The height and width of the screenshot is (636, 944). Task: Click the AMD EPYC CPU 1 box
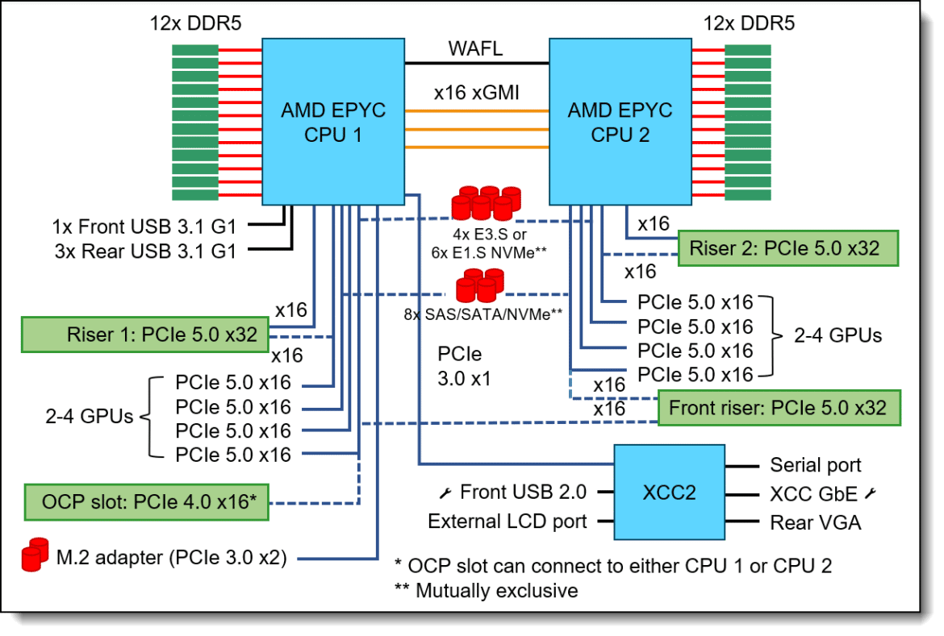(333, 122)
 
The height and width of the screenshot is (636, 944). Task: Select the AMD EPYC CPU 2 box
(620, 122)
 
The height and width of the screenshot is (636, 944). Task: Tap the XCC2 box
(669, 493)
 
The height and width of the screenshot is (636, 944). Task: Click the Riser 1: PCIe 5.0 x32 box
(145, 335)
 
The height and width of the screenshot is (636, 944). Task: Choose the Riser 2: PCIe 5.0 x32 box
(788, 248)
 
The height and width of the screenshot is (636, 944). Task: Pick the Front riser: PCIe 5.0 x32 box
(779, 408)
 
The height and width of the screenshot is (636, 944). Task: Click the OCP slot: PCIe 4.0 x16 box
(146, 502)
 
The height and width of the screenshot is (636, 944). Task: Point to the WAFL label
(475, 48)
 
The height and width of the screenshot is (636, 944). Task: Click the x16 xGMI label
(476, 92)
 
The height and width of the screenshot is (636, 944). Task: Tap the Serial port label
(815, 465)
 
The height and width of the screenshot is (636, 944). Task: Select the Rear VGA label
(815, 522)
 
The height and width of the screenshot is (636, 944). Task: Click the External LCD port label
(507, 521)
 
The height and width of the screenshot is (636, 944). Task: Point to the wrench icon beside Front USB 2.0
(445, 493)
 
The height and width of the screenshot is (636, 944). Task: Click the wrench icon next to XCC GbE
(870, 493)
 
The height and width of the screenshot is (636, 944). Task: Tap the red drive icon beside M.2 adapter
(35, 554)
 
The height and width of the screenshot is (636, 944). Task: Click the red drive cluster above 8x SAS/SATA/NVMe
(480, 285)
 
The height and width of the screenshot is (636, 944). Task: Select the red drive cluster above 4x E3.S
(487, 203)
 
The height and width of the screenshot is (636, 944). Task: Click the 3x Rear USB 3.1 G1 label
(146, 251)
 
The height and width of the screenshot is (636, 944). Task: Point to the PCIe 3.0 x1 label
(464, 366)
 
